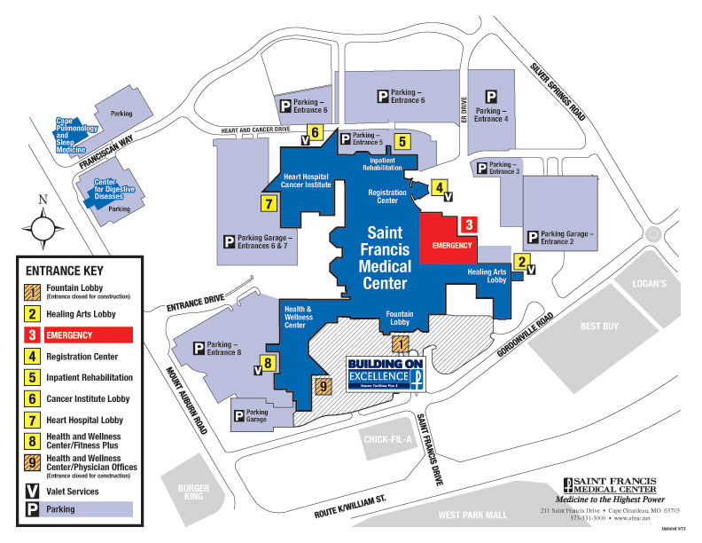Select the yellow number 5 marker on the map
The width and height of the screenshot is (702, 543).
tap(402, 139)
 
